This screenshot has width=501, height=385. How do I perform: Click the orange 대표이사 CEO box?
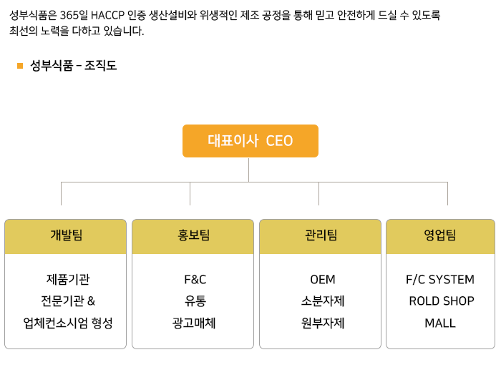tap(250, 141)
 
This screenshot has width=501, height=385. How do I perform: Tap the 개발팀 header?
tap(66, 236)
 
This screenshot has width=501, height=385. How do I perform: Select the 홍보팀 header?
tap(193, 236)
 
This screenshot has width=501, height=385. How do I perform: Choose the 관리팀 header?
tap(320, 236)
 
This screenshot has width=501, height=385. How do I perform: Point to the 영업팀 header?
tap(440, 236)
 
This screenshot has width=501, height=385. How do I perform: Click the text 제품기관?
tap(68, 280)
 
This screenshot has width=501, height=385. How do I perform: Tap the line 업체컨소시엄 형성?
tap(68, 323)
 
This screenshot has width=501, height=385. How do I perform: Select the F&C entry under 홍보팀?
tap(195, 280)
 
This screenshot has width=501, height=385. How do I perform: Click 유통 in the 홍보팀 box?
tap(195, 301)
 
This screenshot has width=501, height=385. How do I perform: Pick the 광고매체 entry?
tap(194, 323)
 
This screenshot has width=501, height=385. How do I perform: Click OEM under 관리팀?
tap(323, 280)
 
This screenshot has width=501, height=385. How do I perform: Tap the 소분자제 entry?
tap(323, 301)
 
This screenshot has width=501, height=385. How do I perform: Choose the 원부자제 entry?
tap(323, 323)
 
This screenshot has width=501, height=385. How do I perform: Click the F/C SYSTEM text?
tap(440, 280)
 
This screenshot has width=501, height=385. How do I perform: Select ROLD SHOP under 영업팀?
tap(442, 301)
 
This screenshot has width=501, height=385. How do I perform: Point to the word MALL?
tap(440, 323)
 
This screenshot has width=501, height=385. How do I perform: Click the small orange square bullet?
tap(20, 66)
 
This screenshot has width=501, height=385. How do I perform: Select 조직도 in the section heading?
tap(101, 66)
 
